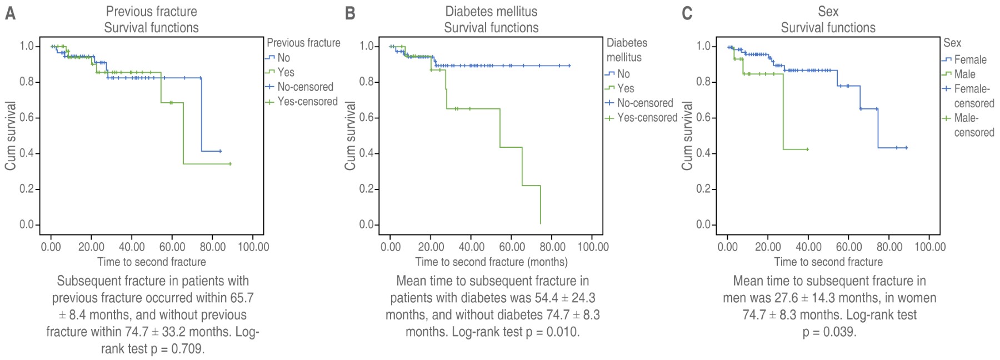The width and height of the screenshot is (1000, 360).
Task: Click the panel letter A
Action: click(x=10, y=13)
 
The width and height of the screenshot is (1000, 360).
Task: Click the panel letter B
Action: click(x=350, y=13)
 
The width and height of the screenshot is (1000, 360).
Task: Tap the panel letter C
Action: click(x=687, y=13)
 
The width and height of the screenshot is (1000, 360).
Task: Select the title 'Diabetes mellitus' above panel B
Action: click(x=491, y=11)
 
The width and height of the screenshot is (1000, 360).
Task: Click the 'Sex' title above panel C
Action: click(x=828, y=11)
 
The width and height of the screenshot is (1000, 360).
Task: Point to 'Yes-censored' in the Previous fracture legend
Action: click(x=307, y=102)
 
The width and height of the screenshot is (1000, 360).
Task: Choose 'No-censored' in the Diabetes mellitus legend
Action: click(x=644, y=103)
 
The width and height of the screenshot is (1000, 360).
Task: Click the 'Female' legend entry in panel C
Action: click(x=970, y=59)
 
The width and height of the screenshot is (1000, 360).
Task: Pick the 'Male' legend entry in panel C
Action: click(x=964, y=74)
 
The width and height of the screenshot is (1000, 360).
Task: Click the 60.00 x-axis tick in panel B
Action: click(x=512, y=247)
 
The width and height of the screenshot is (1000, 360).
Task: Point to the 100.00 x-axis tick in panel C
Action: click(x=930, y=247)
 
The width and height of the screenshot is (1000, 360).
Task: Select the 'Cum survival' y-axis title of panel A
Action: click(x=11, y=136)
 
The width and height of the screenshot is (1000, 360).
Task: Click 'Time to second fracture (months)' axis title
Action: click(x=491, y=262)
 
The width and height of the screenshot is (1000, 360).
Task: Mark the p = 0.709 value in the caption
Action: click(x=177, y=349)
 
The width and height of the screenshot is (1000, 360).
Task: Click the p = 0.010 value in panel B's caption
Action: click(x=552, y=332)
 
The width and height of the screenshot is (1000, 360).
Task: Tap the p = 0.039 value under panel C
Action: click(x=829, y=332)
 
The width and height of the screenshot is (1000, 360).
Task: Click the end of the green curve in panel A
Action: click(x=230, y=164)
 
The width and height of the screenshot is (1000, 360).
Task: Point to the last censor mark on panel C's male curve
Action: click(x=807, y=149)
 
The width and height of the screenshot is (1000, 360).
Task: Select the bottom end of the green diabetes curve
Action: click(x=541, y=223)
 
